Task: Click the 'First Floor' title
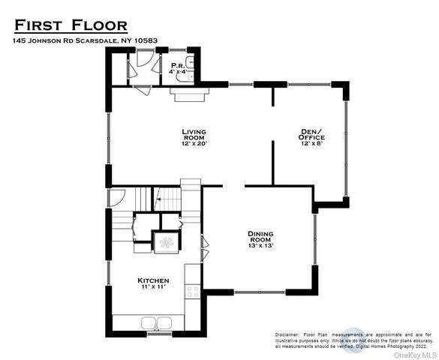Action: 71,27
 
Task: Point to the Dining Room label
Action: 260,234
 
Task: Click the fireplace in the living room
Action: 186,92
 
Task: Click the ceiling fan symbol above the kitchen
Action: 165,242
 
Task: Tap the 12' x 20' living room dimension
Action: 194,144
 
